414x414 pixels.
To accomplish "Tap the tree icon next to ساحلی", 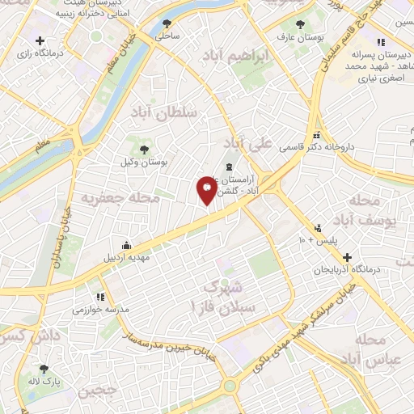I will click(167, 23).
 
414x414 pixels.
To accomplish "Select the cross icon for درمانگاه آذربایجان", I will click(347, 257).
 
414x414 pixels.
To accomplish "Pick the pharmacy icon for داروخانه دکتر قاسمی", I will click(317, 136).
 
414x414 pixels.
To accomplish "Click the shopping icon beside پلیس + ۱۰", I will click(319, 228).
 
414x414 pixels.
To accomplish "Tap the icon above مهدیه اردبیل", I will click(126, 246).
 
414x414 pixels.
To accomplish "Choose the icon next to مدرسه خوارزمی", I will click(100, 298).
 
